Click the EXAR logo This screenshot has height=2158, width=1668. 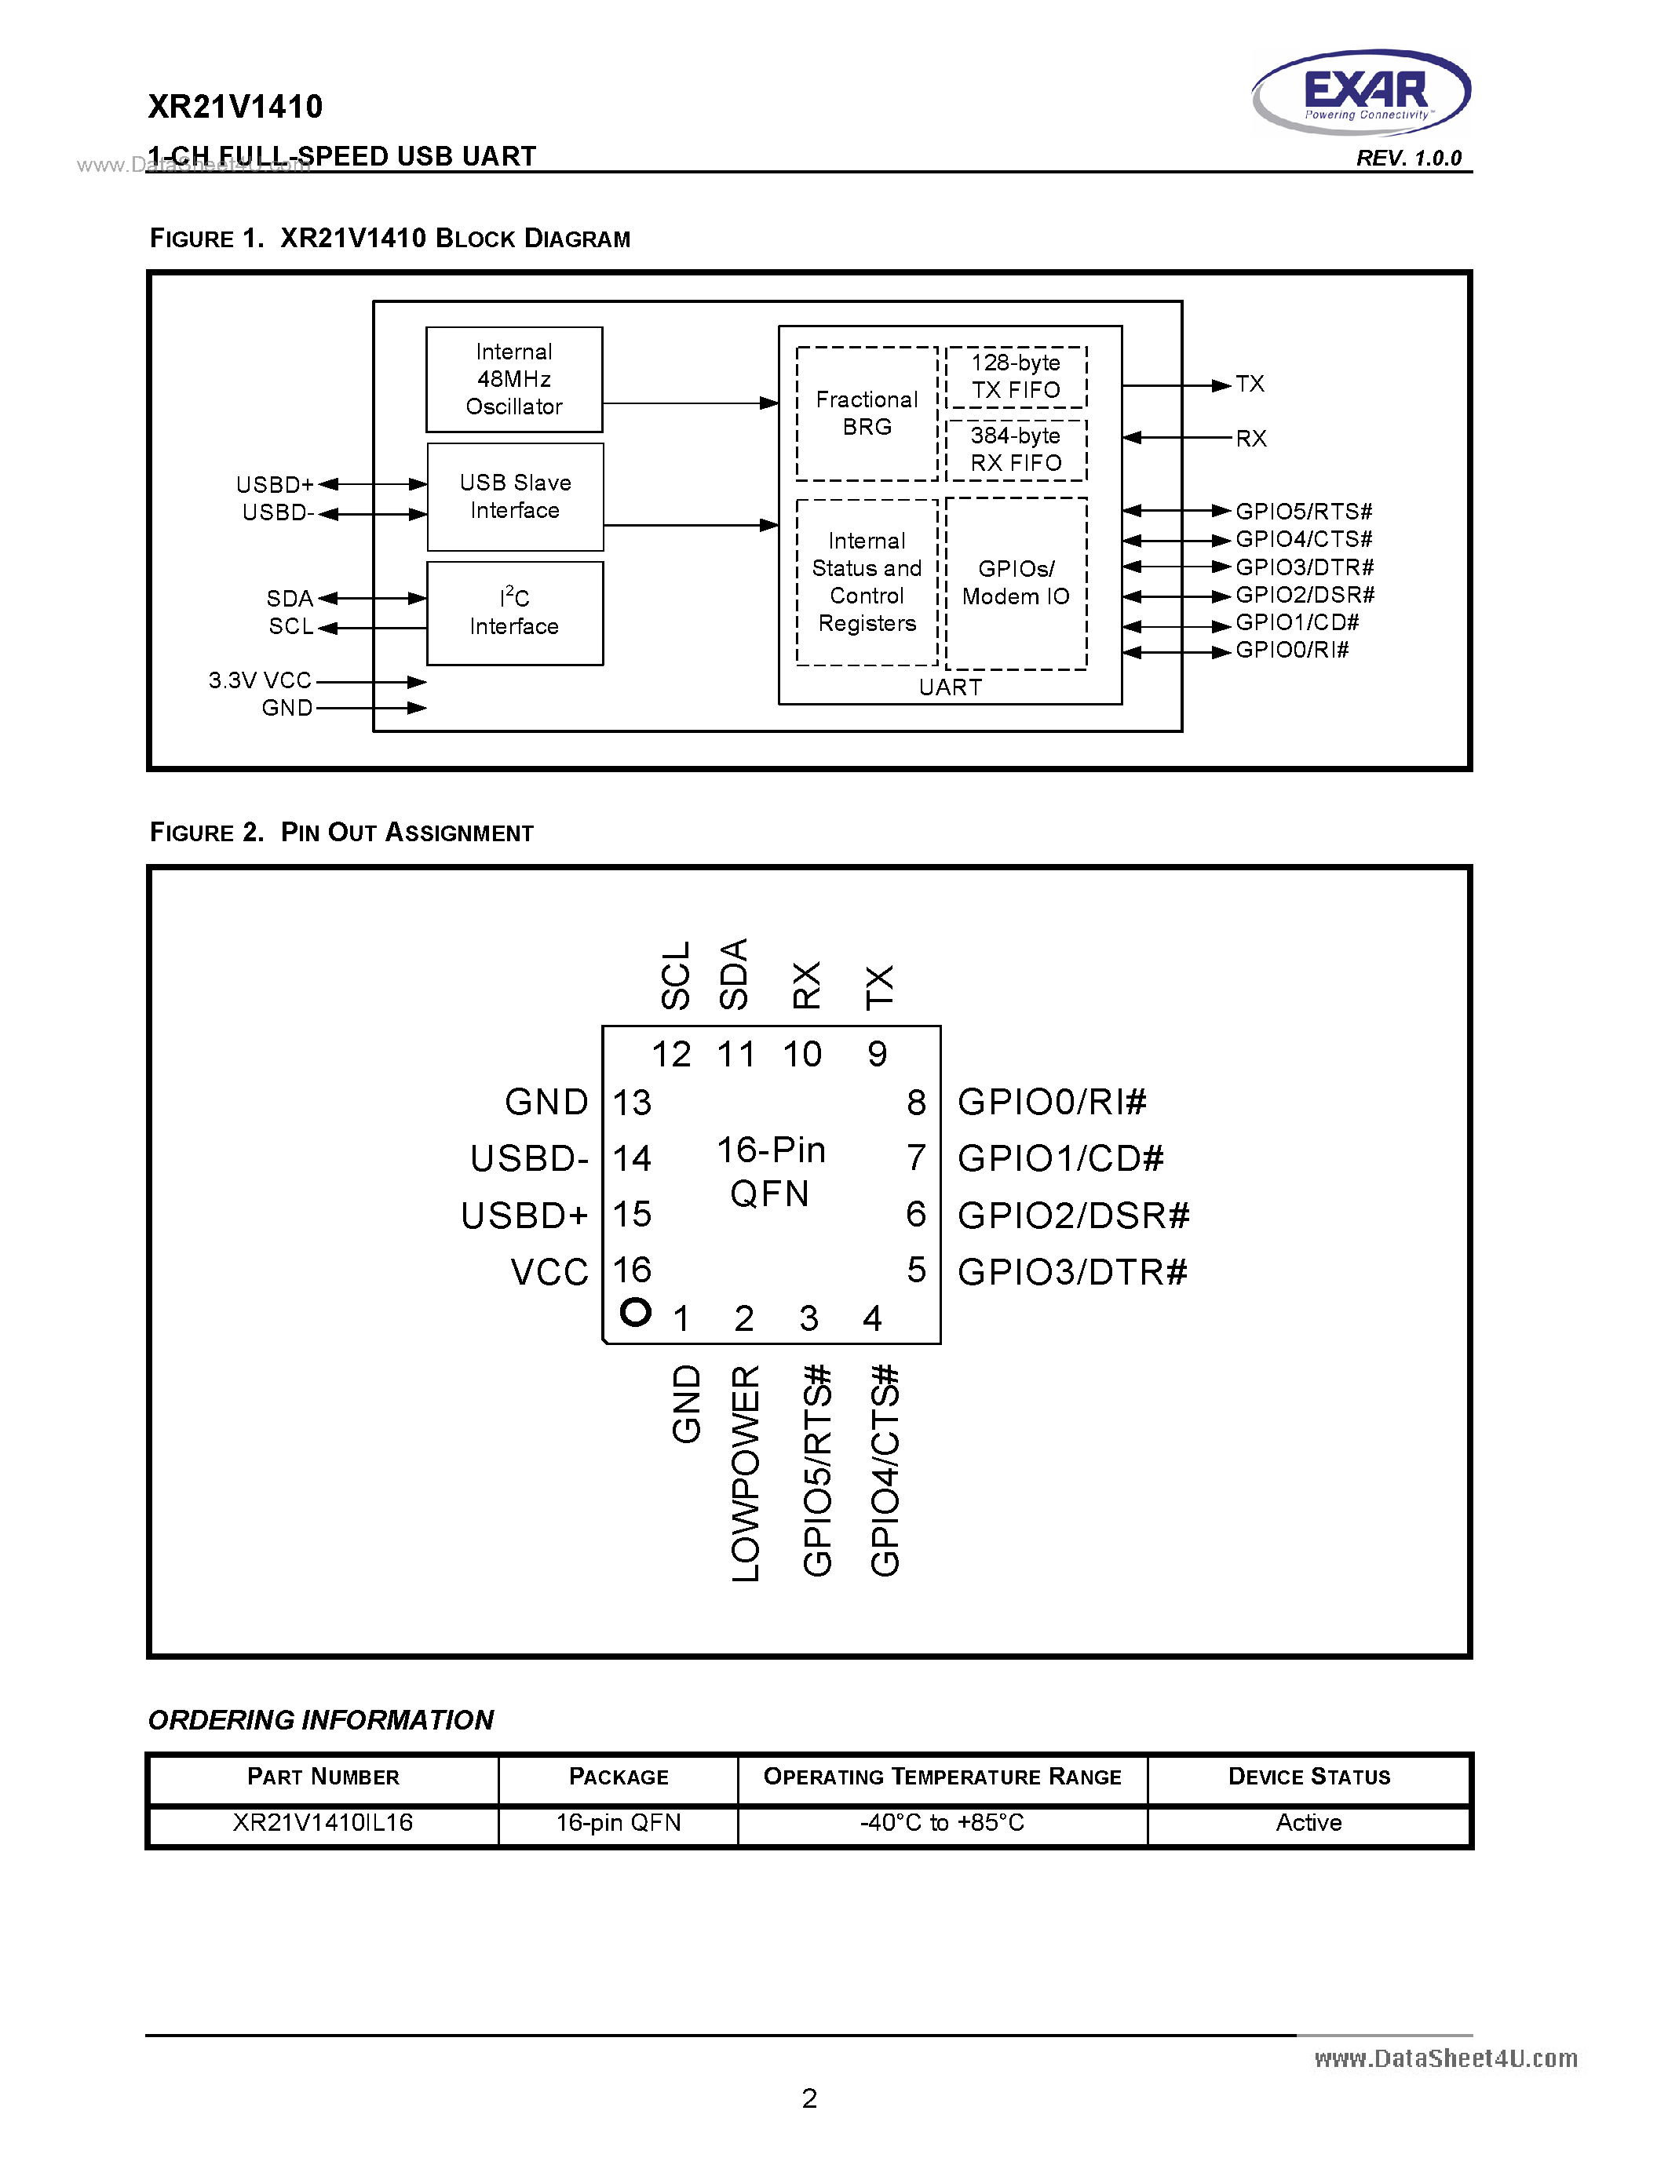1362,92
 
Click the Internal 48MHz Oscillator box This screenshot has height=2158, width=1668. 514,380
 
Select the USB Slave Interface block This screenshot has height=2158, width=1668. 515,497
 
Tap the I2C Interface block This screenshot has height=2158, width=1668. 515,614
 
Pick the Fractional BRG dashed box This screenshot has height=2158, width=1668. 867,413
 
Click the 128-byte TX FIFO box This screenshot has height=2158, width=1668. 1016,377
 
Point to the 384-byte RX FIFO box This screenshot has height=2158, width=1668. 1016,450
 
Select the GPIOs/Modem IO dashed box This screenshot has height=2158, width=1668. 1016,583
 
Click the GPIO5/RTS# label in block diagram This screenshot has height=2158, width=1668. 1303,511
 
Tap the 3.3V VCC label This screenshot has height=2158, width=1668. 260,681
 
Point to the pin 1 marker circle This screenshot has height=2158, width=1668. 635,1311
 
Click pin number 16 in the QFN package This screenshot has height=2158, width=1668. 633,1270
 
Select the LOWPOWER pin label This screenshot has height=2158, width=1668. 746,1473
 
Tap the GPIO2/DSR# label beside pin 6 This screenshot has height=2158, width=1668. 1073,1216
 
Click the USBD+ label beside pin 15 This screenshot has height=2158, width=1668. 524,1216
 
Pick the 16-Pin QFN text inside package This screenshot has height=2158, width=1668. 771,1172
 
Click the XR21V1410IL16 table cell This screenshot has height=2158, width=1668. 323,1823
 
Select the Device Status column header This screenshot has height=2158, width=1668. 1308,1777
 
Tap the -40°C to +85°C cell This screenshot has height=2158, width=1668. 942,1823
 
